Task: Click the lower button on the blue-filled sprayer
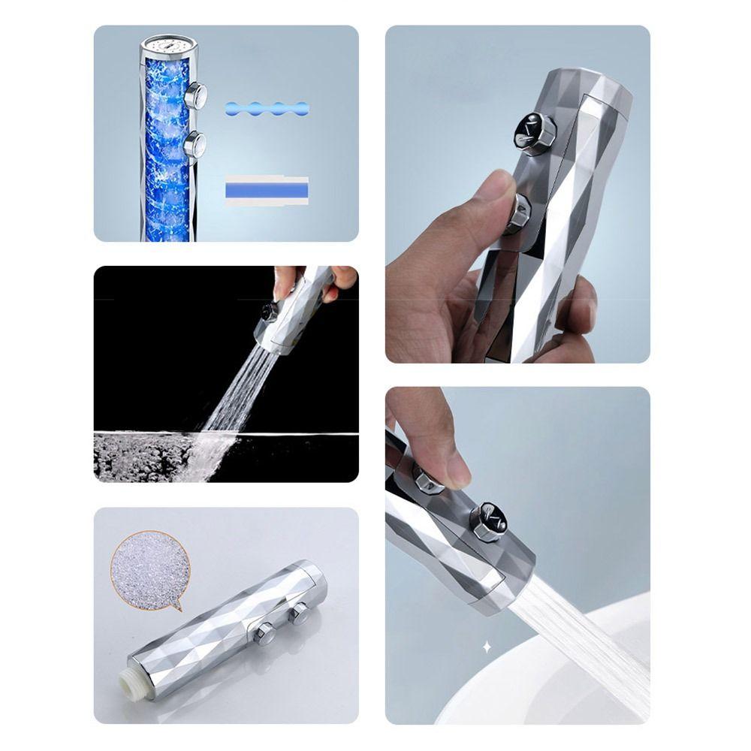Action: coord(195,142)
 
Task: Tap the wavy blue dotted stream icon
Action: coord(267,108)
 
